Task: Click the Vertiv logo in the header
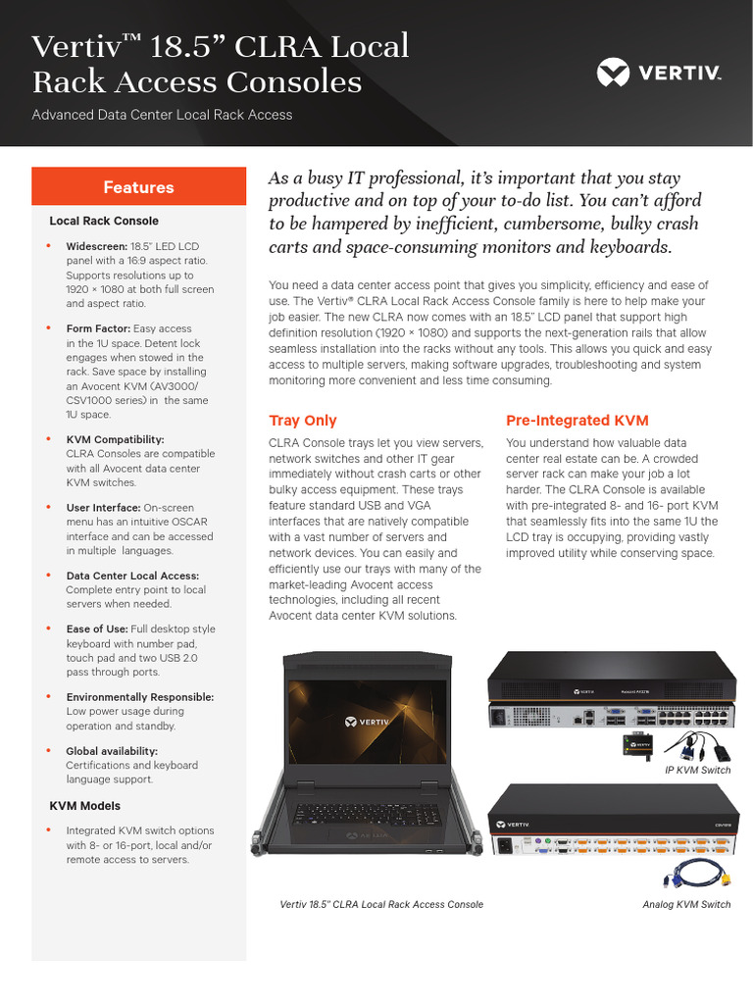click(659, 72)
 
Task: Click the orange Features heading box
click(138, 187)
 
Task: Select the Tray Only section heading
click(303, 421)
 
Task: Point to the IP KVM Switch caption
click(698, 771)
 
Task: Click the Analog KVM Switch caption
click(686, 904)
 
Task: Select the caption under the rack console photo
click(381, 904)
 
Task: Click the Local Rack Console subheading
click(104, 222)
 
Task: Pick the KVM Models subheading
click(85, 806)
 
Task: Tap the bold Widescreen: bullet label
click(97, 246)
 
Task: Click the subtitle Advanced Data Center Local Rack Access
click(162, 115)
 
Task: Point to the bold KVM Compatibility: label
click(115, 439)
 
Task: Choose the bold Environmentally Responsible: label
click(139, 697)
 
